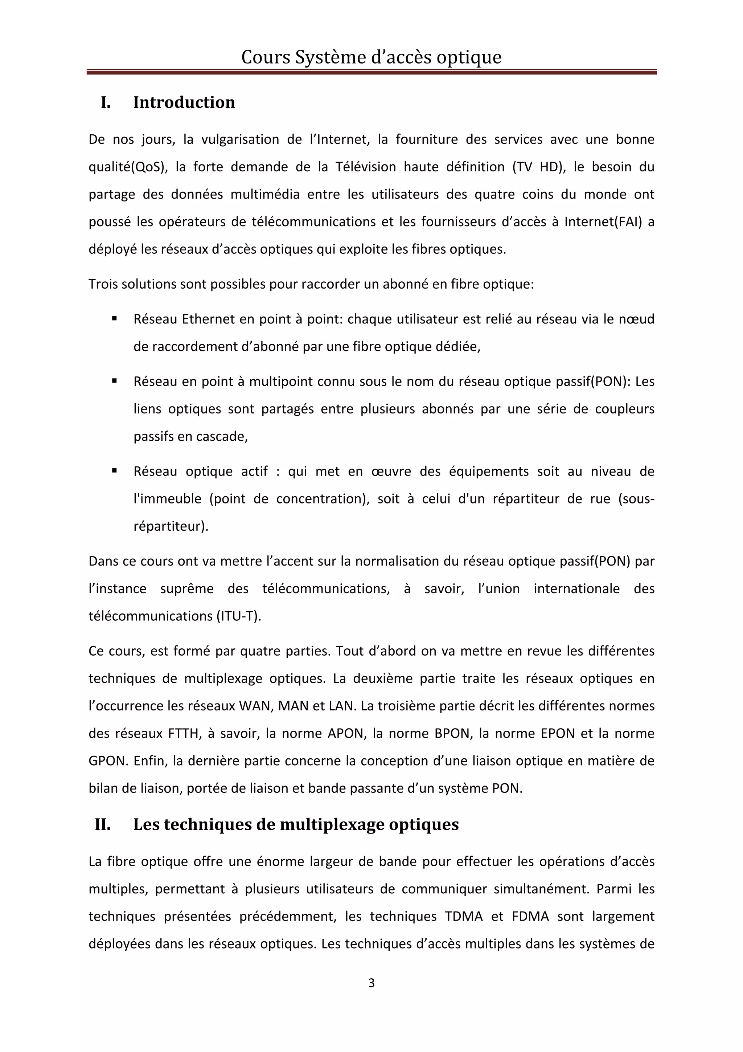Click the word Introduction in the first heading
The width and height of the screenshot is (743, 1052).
tap(184, 102)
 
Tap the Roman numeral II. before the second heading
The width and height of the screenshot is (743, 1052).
tap(103, 824)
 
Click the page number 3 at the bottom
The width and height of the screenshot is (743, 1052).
tap(371, 983)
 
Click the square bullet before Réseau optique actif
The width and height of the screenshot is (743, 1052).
tap(114, 470)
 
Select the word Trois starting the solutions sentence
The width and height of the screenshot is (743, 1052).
tap(103, 284)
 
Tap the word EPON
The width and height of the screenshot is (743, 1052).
tap(558, 734)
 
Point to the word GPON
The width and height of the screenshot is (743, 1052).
tap(107, 761)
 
